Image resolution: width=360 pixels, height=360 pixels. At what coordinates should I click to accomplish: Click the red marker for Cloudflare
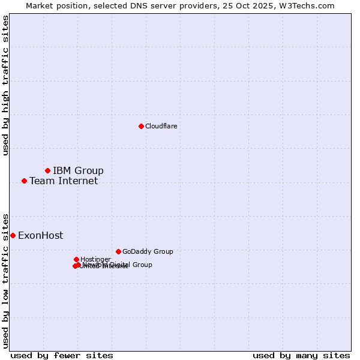(141, 126)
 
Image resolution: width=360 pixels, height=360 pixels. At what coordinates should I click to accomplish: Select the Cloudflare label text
(161, 126)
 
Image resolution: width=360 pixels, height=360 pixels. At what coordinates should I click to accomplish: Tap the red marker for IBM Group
(47, 171)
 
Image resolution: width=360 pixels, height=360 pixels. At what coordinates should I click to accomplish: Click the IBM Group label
(78, 171)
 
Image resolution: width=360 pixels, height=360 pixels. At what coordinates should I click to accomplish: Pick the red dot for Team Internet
(24, 181)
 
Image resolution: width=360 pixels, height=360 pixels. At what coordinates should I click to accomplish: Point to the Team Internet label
(64, 181)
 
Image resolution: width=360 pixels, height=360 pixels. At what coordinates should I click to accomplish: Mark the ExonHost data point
(13, 235)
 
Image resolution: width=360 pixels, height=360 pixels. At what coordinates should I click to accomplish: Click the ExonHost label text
(40, 236)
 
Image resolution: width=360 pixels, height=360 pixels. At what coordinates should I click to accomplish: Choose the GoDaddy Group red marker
(118, 251)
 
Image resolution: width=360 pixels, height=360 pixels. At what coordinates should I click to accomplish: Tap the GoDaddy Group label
(148, 251)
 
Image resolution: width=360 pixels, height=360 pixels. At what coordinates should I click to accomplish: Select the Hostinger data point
(76, 259)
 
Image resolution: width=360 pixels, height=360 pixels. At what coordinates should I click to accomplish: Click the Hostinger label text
(95, 259)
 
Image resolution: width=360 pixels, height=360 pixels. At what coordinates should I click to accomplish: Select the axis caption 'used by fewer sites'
(62, 355)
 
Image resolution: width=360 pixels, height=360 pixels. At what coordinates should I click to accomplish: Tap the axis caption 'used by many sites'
(301, 355)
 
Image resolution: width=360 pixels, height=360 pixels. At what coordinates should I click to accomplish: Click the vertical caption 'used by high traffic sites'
(6, 86)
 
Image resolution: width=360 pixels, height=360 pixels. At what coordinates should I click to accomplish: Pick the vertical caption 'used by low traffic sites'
(6, 280)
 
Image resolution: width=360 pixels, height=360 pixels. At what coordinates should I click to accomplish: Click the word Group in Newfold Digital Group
(142, 265)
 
